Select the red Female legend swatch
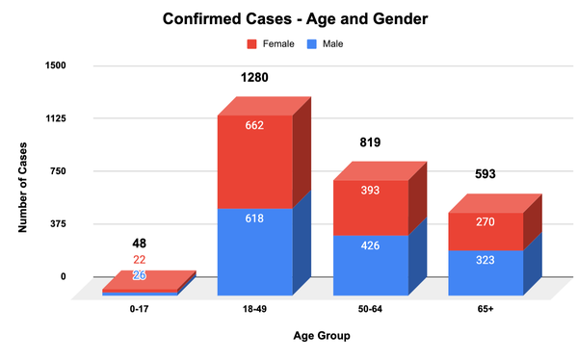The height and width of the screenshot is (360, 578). (x=253, y=43)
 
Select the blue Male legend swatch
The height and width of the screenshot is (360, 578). (x=312, y=43)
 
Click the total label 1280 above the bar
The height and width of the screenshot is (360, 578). (x=255, y=76)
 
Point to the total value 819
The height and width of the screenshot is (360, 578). (x=371, y=142)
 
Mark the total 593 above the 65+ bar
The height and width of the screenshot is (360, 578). (x=486, y=175)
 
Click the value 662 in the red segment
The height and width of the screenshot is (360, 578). (x=255, y=125)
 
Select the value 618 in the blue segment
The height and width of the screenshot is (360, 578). (x=255, y=219)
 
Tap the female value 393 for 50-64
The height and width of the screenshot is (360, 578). (x=371, y=190)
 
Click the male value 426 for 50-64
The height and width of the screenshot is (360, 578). (x=371, y=245)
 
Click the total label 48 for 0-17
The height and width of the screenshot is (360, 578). (x=140, y=244)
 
